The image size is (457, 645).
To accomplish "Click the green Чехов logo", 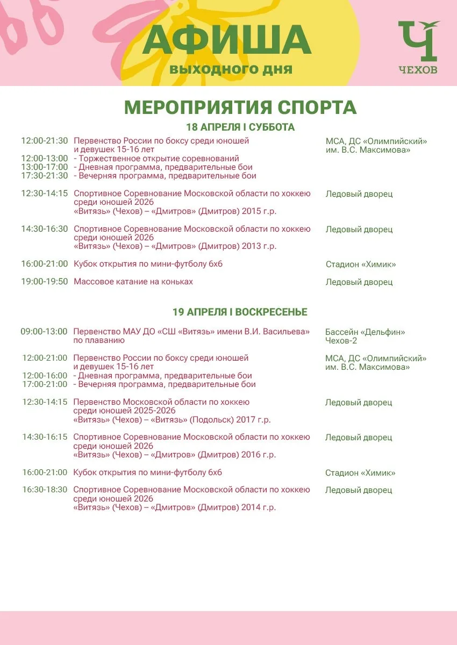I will coord(418,47).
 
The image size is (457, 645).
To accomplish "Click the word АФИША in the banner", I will coord(227,40).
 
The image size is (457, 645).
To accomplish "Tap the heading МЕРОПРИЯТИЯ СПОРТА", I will coord(240,107).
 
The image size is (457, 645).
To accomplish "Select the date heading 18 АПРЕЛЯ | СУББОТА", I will coord(240,127).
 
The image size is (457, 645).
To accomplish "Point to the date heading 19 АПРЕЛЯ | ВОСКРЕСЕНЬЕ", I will coord(240,312).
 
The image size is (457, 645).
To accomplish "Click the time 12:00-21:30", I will coord(45,141).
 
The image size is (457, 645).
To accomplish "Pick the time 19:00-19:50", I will coord(45,282).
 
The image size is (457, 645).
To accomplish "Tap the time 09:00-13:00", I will coord(44,332).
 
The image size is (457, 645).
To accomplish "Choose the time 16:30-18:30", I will coord(45,490).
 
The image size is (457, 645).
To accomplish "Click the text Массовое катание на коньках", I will coord(133,282).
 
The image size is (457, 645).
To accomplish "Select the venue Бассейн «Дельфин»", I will coord(365,332).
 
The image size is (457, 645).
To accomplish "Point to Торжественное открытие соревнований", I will coord(159,159).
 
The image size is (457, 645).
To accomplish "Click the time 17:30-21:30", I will coord(45,176).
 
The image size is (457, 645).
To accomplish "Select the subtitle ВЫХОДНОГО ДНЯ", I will coord(231,70).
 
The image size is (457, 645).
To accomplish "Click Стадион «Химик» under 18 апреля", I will coord(361,264).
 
